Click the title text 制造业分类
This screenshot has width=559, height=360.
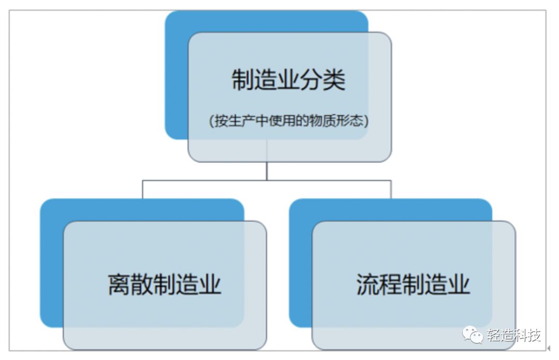(288, 81)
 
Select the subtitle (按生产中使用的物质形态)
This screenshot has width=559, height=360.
(288, 121)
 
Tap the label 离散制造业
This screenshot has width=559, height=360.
(165, 285)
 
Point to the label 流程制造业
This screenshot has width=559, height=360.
(413, 285)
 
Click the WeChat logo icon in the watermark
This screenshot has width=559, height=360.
(473, 335)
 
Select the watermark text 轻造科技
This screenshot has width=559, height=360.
(514, 336)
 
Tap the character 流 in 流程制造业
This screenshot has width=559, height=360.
(367, 285)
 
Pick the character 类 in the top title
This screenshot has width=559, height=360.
(334, 81)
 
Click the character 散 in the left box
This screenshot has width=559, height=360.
(142, 285)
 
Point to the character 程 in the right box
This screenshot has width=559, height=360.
(390, 285)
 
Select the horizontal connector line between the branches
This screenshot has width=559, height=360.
(267, 180)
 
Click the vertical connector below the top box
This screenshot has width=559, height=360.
(267, 171)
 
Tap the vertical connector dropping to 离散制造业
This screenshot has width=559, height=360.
(142, 190)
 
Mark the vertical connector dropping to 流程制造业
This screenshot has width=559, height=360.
(391, 190)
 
